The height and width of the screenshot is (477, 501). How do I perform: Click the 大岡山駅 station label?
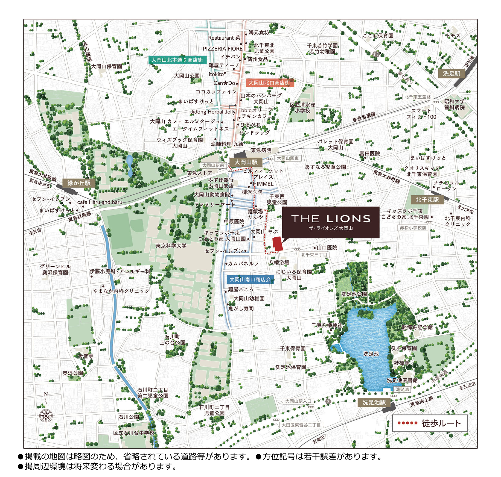[x=246, y=162]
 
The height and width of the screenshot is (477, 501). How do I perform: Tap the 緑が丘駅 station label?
[x=79, y=183]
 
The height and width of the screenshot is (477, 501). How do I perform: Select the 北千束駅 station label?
[x=427, y=200]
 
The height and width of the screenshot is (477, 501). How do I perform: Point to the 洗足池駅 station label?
[x=374, y=402]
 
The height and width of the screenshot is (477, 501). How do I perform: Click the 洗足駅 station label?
[x=452, y=73]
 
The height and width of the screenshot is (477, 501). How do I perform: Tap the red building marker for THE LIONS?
[x=278, y=244]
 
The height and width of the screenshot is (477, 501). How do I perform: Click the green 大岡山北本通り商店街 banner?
[x=177, y=60]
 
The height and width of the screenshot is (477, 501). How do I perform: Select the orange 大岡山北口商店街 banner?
[x=269, y=83]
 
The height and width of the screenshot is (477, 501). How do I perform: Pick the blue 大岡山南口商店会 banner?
[x=250, y=279]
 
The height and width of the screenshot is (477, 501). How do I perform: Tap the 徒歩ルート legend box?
[x=430, y=423]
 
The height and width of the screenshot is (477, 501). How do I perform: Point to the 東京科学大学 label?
[x=171, y=246]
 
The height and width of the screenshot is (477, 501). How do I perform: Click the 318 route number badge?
[x=376, y=54]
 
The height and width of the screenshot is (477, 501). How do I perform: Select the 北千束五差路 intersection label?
[x=418, y=97]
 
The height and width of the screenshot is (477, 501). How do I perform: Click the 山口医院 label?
[x=327, y=248]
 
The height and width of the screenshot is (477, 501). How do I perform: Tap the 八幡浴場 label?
[x=279, y=263]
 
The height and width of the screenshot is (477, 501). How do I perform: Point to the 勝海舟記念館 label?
[x=417, y=327]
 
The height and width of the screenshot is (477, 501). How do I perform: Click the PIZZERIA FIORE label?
[x=222, y=49]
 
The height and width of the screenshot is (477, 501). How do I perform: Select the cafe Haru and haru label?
[x=100, y=202]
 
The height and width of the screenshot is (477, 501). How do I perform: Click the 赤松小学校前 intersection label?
[x=413, y=228]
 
